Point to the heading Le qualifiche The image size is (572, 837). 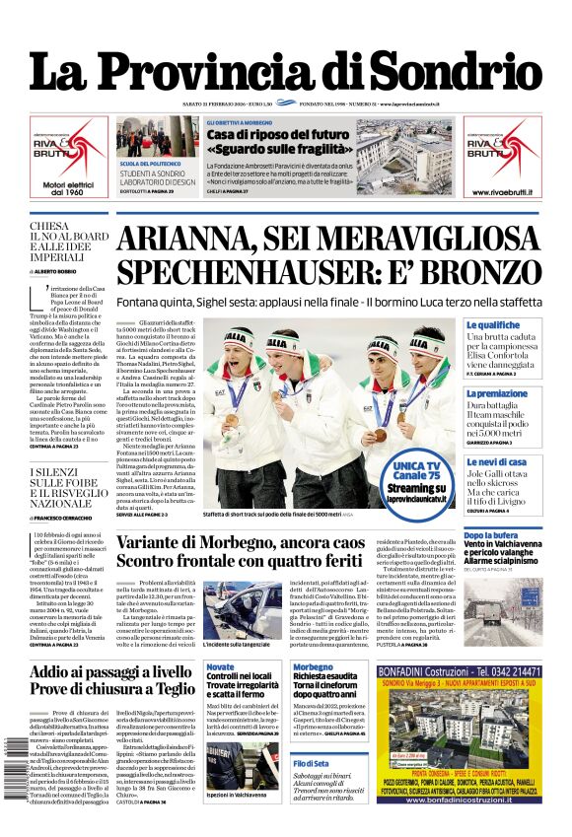coord(493,324)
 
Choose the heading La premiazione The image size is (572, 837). coord(497,393)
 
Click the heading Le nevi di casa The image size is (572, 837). coord(498,461)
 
